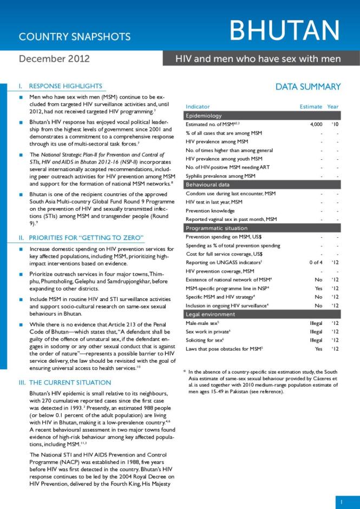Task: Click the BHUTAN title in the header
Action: (286, 31)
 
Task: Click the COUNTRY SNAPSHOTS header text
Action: (75, 37)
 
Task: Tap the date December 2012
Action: (54, 58)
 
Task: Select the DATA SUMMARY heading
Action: (308, 87)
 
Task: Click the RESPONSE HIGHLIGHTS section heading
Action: (65, 86)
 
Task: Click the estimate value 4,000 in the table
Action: (316, 125)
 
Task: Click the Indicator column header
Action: (198, 107)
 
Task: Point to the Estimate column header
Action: (310, 107)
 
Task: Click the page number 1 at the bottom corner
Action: (342, 502)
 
